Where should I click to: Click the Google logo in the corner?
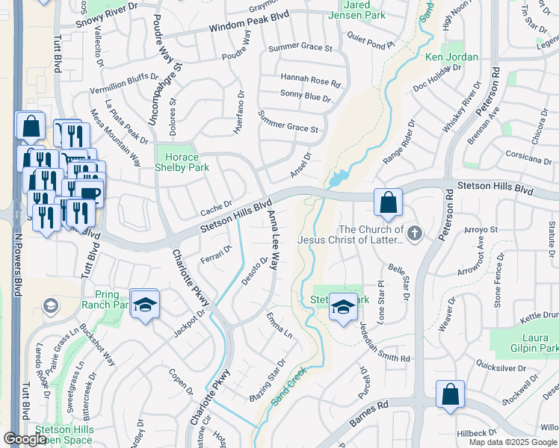[24, 439]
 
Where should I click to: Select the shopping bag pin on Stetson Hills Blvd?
[389, 203]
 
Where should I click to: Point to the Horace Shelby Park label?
[182, 162]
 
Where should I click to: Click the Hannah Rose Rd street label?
[310, 78]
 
